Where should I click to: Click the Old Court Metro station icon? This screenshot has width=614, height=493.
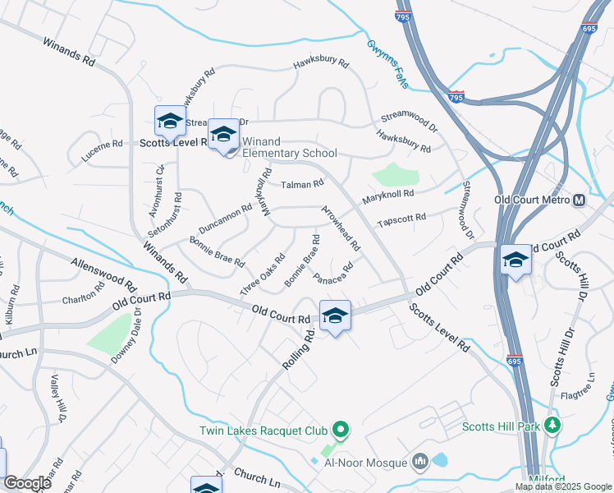580,200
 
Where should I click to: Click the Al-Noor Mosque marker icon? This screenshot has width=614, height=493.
421,463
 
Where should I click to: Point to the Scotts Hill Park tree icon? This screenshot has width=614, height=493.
553,426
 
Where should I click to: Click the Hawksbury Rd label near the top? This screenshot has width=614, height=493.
321,62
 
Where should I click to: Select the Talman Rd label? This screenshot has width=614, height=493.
303,185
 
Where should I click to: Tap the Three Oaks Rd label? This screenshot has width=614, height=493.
263,274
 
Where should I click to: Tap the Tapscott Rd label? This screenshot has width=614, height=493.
401,220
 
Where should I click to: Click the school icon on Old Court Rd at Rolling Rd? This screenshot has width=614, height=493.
335,316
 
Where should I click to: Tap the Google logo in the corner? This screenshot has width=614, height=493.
27,483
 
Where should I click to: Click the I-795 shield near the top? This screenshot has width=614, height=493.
457,97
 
